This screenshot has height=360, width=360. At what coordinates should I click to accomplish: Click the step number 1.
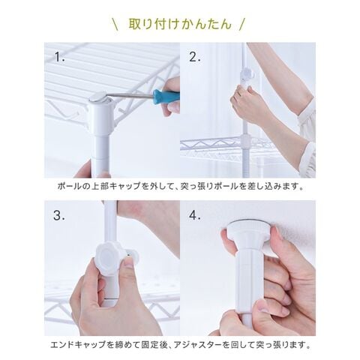point(59,57)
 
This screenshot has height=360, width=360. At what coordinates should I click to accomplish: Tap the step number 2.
point(195,57)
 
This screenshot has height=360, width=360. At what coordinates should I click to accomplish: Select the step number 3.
point(59,215)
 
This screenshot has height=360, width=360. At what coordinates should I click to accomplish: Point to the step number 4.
point(195,215)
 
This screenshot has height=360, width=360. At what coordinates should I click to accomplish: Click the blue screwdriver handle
point(166,94)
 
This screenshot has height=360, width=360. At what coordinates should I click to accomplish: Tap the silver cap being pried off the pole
point(99,97)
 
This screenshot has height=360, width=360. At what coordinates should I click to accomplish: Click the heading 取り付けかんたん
point(180,24)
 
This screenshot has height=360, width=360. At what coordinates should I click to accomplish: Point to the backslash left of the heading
point(115,24)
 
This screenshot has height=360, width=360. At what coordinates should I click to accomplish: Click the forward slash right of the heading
point(242,24)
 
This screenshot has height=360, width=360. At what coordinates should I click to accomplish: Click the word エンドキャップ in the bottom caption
point(78,345)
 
